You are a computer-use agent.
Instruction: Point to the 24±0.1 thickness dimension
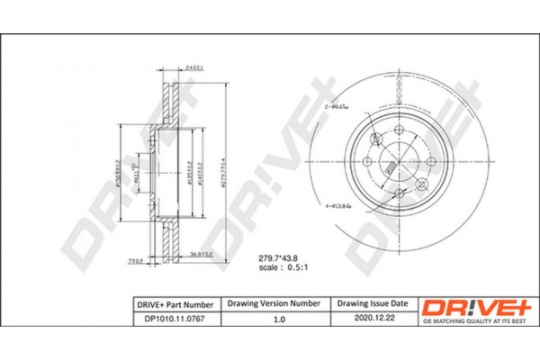point(193,68)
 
